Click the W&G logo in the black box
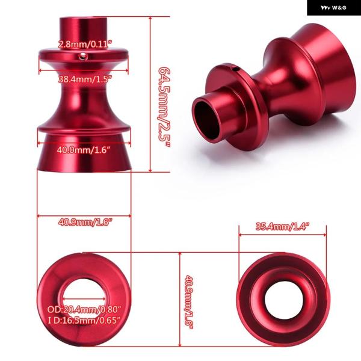pyautogui.click(x=333, y=8)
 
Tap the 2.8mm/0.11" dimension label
pyautogui.click(x=85, y=44)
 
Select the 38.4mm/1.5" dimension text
pyautogui.click(x=85, y=79)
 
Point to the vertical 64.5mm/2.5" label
pyautogui.click(x=165, y=107)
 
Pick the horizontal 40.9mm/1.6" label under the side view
pyautogui.click(x=85, y=223)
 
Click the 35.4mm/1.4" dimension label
pyautogui.click(x=283, y=227)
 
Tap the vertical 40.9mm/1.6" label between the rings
pyautogui.click(x=189, y=302)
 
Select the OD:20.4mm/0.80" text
pyautogui.click(x=84, y=309)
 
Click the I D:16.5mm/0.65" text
pyautogui.click(x=84, y=320)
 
